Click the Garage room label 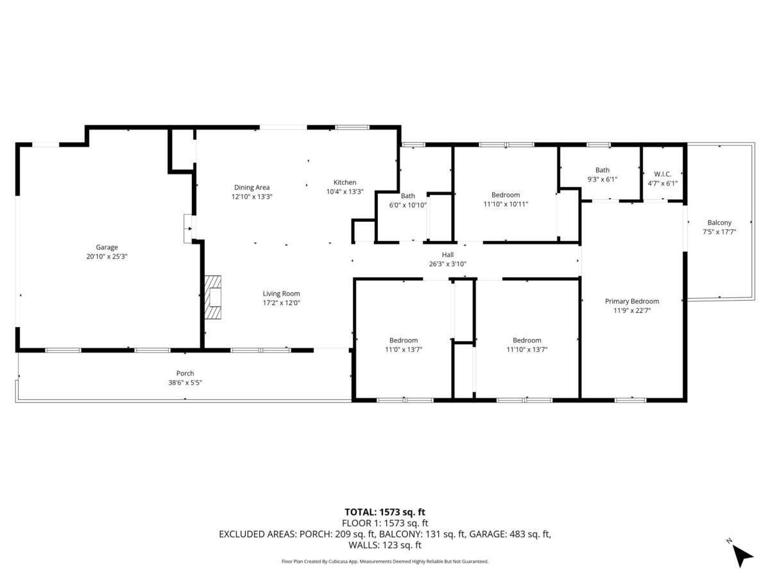pyautogui.click(x=107, y=247)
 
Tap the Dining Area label pyautogui.click(x=252, y=187)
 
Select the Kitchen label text pyautogui.click(x=345, y=182)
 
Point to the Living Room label pyautogui.click(x=281, y=294)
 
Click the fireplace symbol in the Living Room pyautogui.click(x=214, y=297)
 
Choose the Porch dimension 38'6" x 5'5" pyautogui.click(x=185, y=382)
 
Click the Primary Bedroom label pyautogui.click(x=632, y=301)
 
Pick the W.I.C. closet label pyautogui.click(x=662, y=174)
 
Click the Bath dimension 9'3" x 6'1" pyautogui.click(x=602, y=180)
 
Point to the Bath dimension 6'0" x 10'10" pyautogui.click(x=408, y=205)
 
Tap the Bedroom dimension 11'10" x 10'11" pyautogui.click(x=506, y=204)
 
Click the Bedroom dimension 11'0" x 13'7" pyautogui.click(x=403, y=349)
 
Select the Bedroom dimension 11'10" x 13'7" pyautogui.click(x=527, y=349)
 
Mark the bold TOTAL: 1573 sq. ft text pyautogui.click(x=385, y=512)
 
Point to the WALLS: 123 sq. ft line pyautogui.click(x=385, y=545)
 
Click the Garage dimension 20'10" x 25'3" pyautogui.click(x=107, y=256)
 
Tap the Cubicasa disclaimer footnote pyautogui.click(x=385, y=561)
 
